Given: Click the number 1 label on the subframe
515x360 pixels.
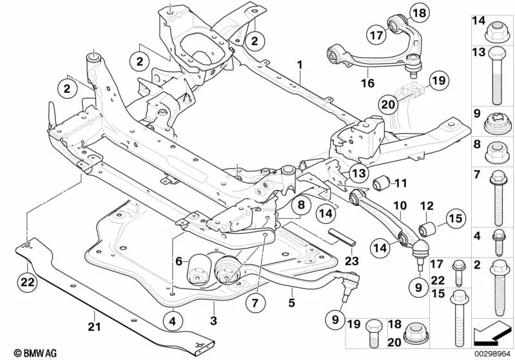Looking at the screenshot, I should click(x=299, y=65).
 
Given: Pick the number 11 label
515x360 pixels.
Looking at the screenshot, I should click(x=401, y=183).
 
